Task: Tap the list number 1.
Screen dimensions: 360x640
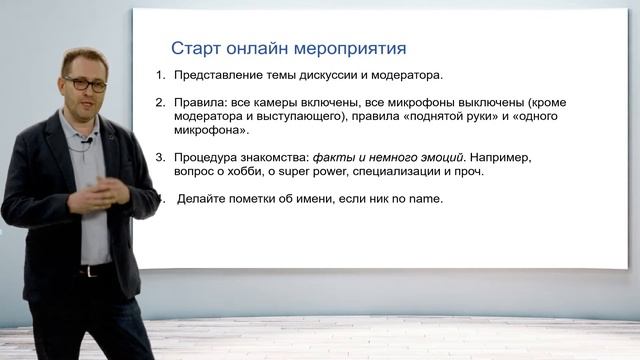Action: click(160, 75)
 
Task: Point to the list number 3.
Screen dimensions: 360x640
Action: click(160, 158)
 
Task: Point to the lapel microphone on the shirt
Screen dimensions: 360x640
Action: click(88, 141)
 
